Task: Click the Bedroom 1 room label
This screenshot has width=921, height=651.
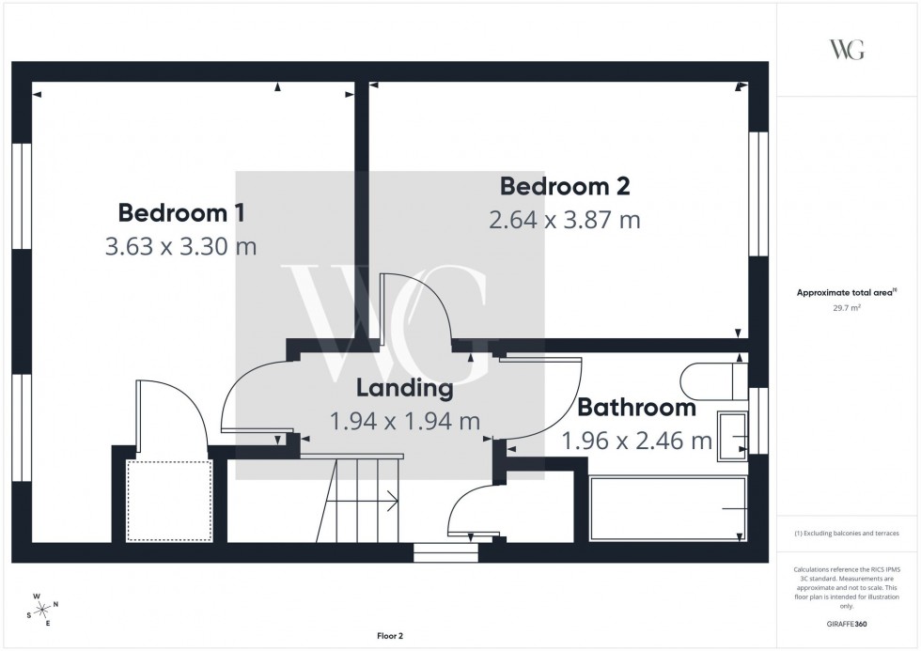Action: click(x=181, y=212)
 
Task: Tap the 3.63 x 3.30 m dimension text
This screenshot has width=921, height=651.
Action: click(x=181, y=246)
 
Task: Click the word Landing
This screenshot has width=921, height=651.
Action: click(x=404, y=388)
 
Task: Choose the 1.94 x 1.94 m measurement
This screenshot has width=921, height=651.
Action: click(x=404, y=421)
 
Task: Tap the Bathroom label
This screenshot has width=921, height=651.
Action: click(x=636, y=408)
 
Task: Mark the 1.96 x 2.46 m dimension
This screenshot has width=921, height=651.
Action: click(x=636, y=440)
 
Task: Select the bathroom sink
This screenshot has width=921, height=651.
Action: click(x=732, y=437)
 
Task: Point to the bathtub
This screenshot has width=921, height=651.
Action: click(x=667, y=508)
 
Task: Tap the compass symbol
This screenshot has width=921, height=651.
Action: click(x=43, y=610)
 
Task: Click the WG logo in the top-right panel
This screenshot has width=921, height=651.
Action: click(x=847, y=50)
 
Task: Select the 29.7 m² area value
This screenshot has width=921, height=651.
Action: click(x=847, y=307)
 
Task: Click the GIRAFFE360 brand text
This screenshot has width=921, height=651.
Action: click(x=847, y=623)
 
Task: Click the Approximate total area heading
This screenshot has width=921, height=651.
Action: click(x=847, y=293)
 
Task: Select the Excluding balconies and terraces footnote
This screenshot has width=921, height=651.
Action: click(x=847, y=534)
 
